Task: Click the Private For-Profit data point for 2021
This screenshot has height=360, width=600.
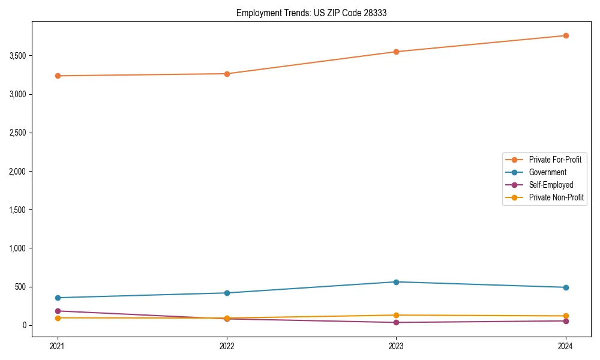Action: pyautogui.click(x=58, y=76)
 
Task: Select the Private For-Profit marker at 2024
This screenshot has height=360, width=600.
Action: pyautogui.click(x=566, y=35)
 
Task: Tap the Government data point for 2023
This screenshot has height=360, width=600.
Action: pyautogui.click(x=397, y=282)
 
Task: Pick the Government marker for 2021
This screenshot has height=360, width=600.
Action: pyautogui.click(x=58, y=298)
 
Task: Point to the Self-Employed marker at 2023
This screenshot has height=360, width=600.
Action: pyautogui.click(x=397, y=322)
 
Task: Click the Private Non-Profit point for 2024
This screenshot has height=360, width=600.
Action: pyautogui.click(x=566, y=316)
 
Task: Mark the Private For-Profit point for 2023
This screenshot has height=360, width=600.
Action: pyautogui.click(x=397, y=52)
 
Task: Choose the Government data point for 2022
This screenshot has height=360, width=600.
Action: pyautogui.click(x=227, y=293)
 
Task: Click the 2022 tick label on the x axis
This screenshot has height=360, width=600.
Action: pyautogui.click(x=227, y=346)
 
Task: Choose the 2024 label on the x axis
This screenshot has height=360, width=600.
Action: pyautogui.click(x=566, y=346)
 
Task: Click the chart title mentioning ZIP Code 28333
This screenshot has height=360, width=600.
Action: pyautogui.click(x=311, y=13)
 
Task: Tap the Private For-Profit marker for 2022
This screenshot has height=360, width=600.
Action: pyautogui.click(x=227, y=74)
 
